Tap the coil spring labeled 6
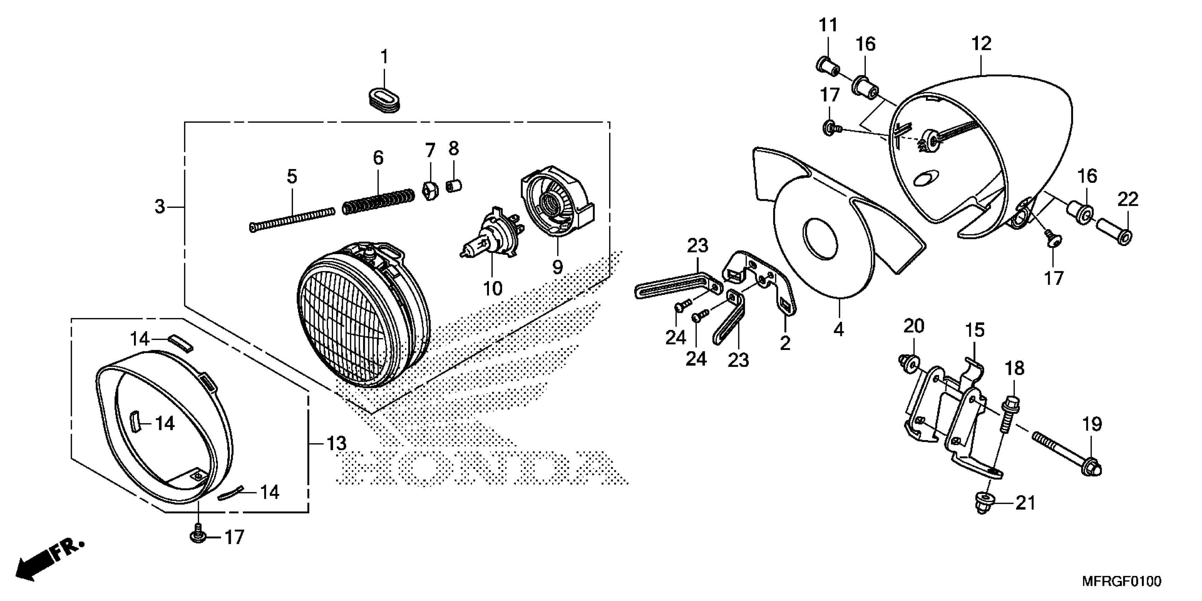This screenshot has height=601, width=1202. point(378,201)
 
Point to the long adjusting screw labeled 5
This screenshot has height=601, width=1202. point(292,219)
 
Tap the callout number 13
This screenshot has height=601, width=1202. point(336,443)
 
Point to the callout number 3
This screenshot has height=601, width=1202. point(160,206)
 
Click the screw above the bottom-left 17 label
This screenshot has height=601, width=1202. point(199,531)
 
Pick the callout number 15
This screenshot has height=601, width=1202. point(975,330)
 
